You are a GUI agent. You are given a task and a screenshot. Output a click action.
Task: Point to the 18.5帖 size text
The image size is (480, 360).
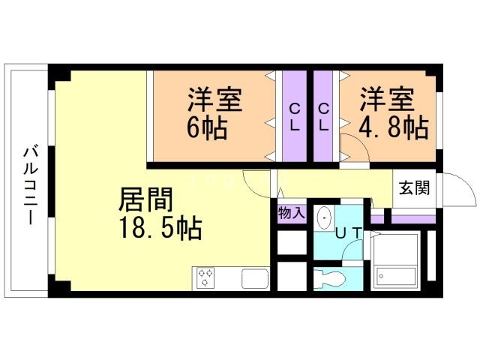pyautogui.click(x=160, y=229)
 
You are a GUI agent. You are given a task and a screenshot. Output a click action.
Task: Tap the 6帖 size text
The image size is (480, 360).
pyautogui.click(x=207, y=125)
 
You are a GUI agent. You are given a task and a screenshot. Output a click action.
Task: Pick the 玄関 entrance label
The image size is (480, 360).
pyautogui.click(x=414, y=187)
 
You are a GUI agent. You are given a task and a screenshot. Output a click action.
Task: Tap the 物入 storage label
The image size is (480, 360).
pyautogui.click(x=291, y=213)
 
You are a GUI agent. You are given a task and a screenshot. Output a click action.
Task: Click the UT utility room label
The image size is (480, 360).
pyautogui.click(x=349, y=233)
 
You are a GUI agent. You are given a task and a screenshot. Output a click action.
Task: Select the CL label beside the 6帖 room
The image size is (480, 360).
pyautogui.click(x=295, y=116)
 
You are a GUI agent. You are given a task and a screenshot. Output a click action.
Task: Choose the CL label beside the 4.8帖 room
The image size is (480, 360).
pyautogui.click(x=325, y=116)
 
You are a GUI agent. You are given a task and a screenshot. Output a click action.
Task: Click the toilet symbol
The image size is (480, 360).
pyautogui.click(x=328, y=278)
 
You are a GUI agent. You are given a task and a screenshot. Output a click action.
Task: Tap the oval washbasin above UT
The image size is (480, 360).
pyautogui.click(x=324, y=217)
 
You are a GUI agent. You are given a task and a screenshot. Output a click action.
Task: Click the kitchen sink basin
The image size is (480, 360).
pyautogui.click(x=253, y=277)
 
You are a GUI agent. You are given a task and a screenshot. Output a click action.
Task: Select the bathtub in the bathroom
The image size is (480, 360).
pyautogui.click(x=395, y=262)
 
